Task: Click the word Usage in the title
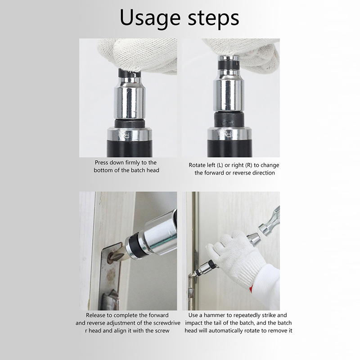tap(150, 18)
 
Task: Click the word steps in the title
tap(213, 18)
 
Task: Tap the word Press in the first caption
tap(102, 162)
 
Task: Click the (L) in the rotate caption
tap(220, 165)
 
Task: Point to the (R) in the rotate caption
tap(249, 165)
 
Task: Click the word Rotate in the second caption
tap(196, 165)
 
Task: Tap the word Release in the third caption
tap(94, 315)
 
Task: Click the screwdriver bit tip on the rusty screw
tap(113, 256)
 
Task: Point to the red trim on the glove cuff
tap(251, 288)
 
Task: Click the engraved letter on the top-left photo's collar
tap(127, 135)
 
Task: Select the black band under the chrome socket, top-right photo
tap(229, 119)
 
